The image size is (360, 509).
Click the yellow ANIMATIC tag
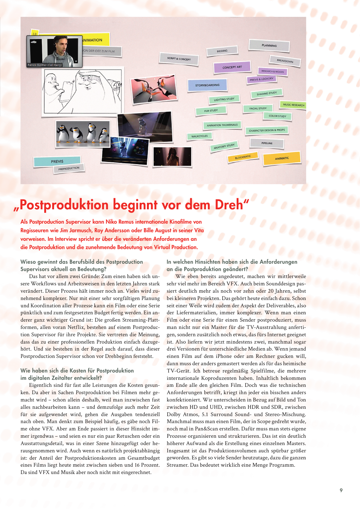point(282,158)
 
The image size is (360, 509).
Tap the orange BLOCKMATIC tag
point(243,157)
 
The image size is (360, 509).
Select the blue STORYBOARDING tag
point(207,85)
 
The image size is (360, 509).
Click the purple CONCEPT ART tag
point(232,67)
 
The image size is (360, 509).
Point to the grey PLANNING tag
point(269,45)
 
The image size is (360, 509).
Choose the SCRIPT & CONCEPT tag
point(179,59)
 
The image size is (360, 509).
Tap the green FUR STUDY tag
point(211,110)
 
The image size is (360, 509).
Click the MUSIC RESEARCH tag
point(293,105)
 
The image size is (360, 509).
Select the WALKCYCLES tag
point(199,136)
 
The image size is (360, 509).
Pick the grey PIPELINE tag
point(267,143)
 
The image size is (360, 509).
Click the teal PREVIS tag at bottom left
point(57,161)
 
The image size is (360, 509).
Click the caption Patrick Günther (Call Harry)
point(45,65)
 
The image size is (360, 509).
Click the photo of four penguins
point(83,134)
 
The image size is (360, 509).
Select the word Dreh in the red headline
point(229,205)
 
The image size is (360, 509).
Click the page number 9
point(341,490)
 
